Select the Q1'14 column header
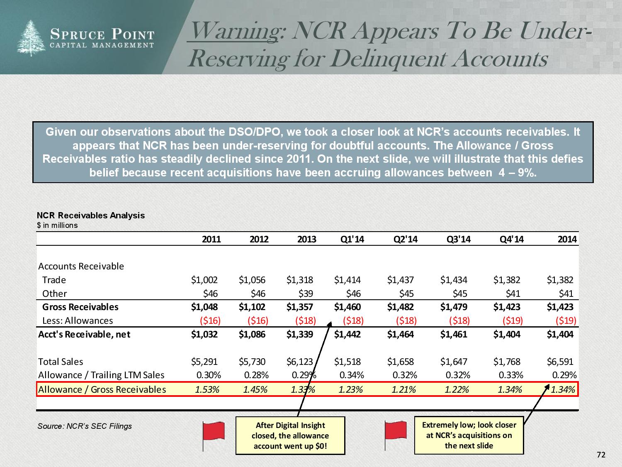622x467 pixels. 352,239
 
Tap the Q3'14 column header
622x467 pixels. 459,239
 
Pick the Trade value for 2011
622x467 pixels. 204,280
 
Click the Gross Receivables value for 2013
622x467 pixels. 300,307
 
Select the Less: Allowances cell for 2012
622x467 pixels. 258,320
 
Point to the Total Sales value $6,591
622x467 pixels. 560,362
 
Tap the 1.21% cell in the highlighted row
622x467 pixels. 404,389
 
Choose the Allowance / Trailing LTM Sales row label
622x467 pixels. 101,375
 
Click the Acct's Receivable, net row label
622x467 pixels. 84,334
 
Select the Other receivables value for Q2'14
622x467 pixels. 406,293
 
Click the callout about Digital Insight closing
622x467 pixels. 290,435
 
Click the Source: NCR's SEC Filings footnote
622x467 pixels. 85,426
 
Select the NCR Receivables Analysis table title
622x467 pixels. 91,215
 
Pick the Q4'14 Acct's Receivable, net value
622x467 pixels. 507,334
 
